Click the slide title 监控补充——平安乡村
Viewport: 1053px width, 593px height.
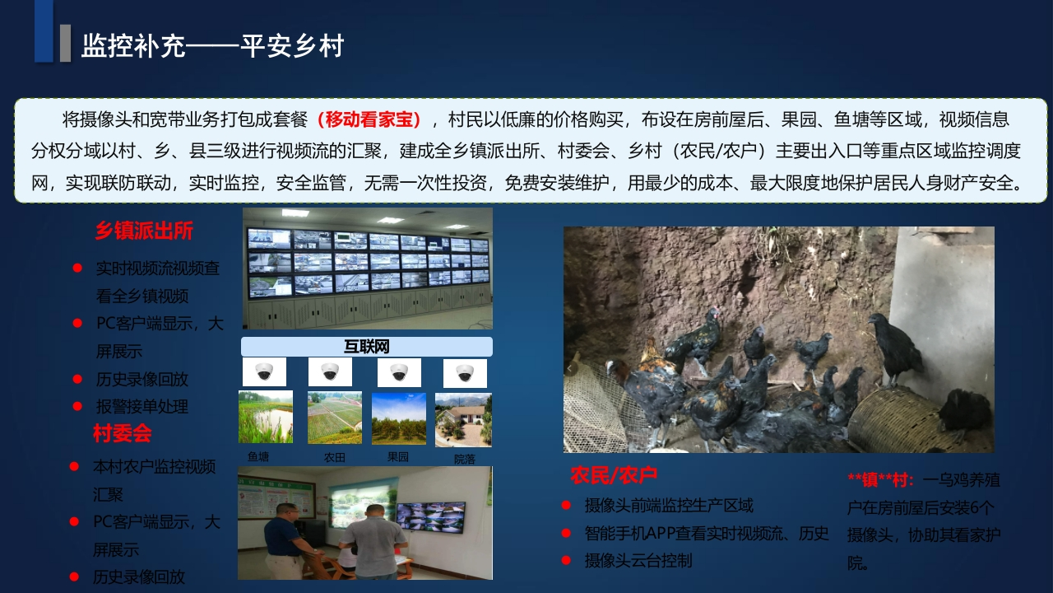[212, 46]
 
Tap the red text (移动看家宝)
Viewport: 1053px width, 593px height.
[369, 119]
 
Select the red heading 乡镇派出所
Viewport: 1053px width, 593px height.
[144, 231]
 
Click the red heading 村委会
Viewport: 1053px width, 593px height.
[123, 433]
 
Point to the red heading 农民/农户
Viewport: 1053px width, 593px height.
[614, 475]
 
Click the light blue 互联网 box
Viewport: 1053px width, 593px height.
[367, 347]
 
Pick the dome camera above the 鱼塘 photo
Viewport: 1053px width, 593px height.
[264, 371]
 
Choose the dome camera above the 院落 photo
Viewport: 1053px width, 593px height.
[465, 373]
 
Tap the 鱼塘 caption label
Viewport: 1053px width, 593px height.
[258, 456]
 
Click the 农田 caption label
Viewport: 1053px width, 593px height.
[335, 457]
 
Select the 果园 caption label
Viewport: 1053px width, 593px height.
[397, 456]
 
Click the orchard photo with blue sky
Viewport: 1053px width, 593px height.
[399, 418]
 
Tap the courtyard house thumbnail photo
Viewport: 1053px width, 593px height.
[463, 420]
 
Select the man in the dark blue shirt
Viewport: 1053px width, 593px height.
[287, 541]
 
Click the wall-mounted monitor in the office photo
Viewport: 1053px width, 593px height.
[430, 516]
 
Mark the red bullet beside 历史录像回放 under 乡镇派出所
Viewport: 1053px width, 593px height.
[77, 380]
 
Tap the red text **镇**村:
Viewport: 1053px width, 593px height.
[881, 480]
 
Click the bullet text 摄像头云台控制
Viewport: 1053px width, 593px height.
[638, 561]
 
